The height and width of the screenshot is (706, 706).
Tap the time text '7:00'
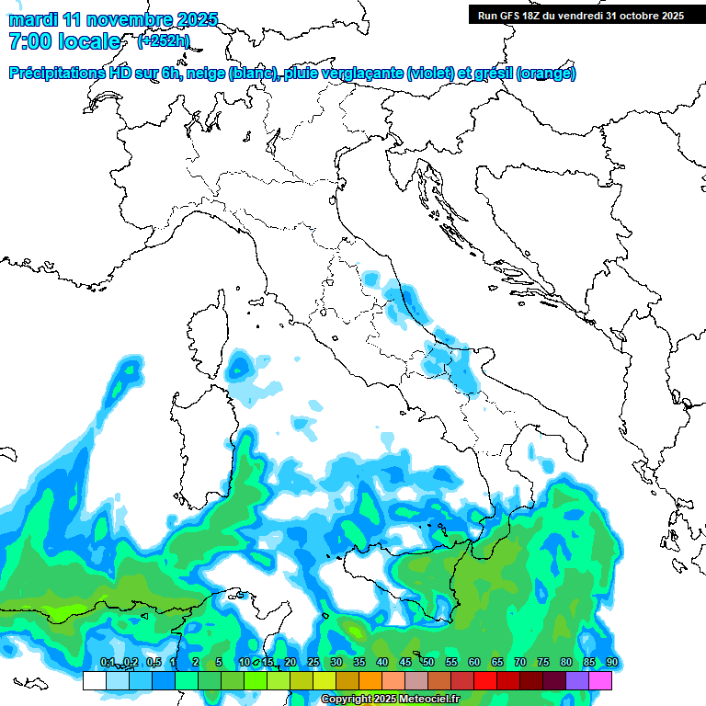pyautogui.click(x=28, y=41)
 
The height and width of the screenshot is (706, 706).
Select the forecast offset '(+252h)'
pyautogui.click(x=163, y=41)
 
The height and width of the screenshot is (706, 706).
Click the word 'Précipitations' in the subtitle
pyautogui.click(x=56, y=74)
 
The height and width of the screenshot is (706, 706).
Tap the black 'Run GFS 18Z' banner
pyautogui.click(x=579, y=15)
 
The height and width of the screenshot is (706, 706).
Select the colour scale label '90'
pyautogui.click(x=611, y=663)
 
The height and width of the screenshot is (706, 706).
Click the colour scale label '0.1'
pyautogui.click(x=108, y=663)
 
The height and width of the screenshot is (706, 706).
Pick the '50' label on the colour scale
pyautogui.click(x=428, y=663)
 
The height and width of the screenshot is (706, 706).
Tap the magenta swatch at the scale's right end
pyautogui.click(x=600, y=680)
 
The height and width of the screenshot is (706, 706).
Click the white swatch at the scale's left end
pyautogui.click(x=94, y=680)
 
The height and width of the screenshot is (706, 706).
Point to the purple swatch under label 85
pyautogui.click(x=577, y=680)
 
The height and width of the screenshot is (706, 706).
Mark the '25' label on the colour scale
pyautogui.click(x=313, y=663)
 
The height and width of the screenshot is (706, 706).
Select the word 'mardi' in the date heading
pyautogui.click(x=29, y=19)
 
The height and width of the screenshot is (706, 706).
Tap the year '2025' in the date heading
pyautogui.click(x=197, y=19)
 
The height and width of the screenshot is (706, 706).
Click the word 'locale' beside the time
pyautogui.click(x=89, y=41)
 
